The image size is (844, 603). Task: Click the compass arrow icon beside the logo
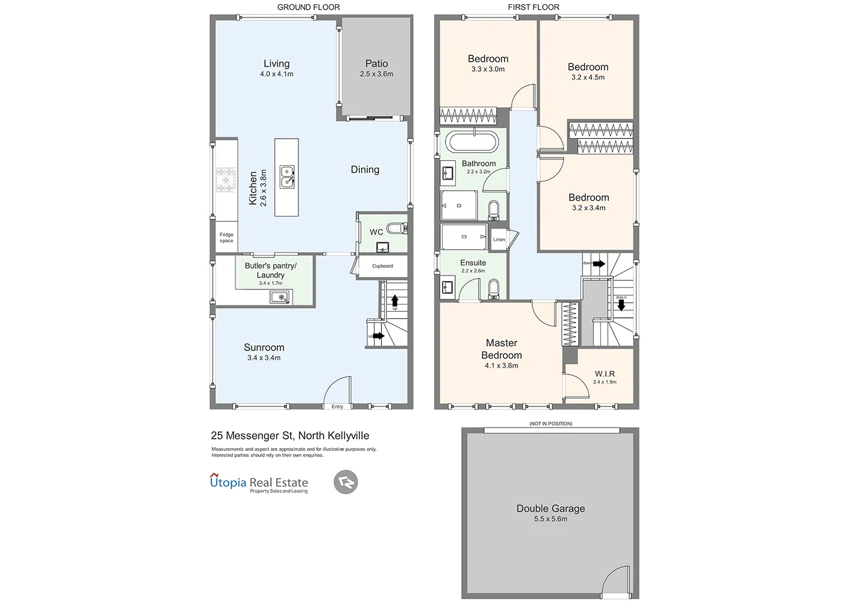click(345, 482)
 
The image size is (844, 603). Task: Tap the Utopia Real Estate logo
click(259, 483)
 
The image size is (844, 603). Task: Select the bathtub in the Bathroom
click(472, 143)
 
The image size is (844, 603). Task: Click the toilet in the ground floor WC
click(396, 229)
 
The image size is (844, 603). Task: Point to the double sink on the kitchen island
click(287, 177)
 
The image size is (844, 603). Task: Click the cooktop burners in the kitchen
click(226, 180)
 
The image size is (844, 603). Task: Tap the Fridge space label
click(226, 238)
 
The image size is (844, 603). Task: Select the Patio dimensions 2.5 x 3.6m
click(376, 74)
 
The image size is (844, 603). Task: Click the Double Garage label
click(550, 508)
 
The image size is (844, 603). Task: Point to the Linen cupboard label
click(499, 239)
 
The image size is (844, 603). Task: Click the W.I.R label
click(605, 374)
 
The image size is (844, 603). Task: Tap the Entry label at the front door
click(337, 407)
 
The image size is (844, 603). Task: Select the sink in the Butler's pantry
click(280, 297)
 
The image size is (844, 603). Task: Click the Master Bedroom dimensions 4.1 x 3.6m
click(501, 365)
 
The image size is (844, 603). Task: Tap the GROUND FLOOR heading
click(308, 7)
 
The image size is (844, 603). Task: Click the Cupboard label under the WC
click(382, 266)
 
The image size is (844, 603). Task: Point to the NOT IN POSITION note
click(550, 424)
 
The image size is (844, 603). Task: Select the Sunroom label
click(264, 347)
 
